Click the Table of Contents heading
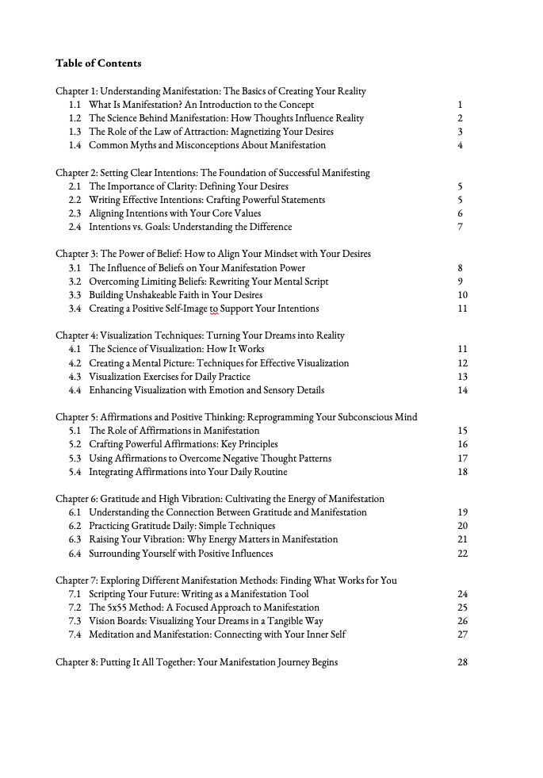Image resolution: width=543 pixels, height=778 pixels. click(98, 63)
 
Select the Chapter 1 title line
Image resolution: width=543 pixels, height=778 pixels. click(210, 91)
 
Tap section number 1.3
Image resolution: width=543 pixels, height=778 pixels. click(75, 132)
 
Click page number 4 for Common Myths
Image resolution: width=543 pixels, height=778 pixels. click(460, 145)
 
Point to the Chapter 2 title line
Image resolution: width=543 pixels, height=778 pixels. click(212, 173)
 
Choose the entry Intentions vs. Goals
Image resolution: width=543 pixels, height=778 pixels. click(190, 227)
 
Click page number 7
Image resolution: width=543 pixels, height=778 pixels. click(460, 227)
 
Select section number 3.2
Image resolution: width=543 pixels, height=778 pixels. click(75, 282)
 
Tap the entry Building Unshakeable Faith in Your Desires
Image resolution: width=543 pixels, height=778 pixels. click(175, 295)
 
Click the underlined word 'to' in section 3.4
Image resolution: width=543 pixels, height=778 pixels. click(212, 309)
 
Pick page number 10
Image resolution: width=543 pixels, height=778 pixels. click(463, 295)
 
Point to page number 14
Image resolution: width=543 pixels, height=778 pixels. click(463, 390)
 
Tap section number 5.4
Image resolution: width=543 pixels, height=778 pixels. click(75, 472)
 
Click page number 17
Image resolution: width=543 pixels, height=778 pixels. click(463, 458)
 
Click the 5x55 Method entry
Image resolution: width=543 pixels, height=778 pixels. click(193, 607)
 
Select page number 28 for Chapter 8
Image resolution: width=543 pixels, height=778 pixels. click(463, 662)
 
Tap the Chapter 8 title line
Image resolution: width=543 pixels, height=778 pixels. click(197, 662)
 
